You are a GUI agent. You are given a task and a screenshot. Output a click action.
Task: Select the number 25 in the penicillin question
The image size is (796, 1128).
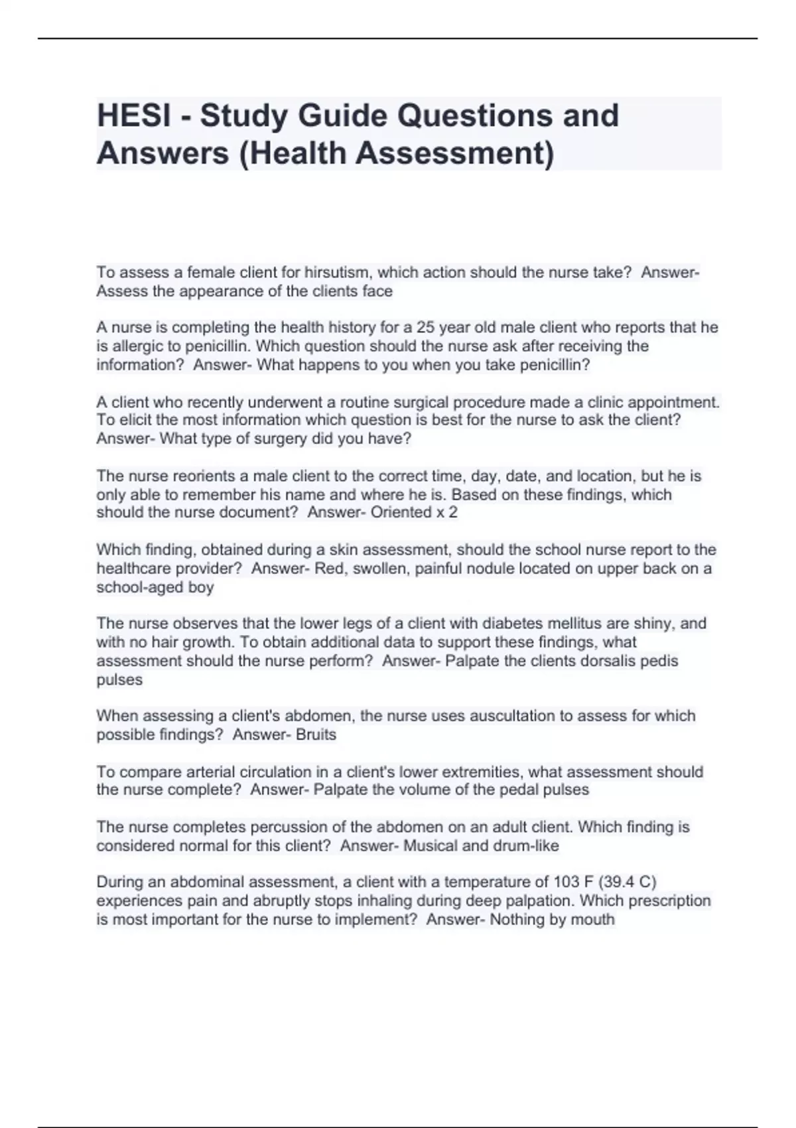point(425,328)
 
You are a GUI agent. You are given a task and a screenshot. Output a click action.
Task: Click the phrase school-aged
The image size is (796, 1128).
point(141,587)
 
